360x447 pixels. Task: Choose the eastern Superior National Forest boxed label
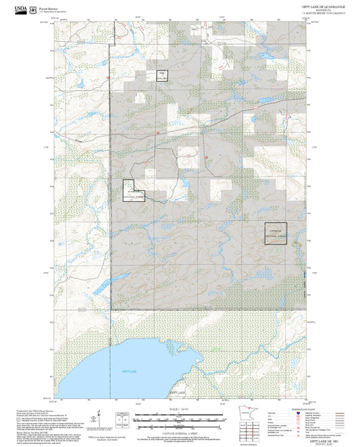[275, 233]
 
